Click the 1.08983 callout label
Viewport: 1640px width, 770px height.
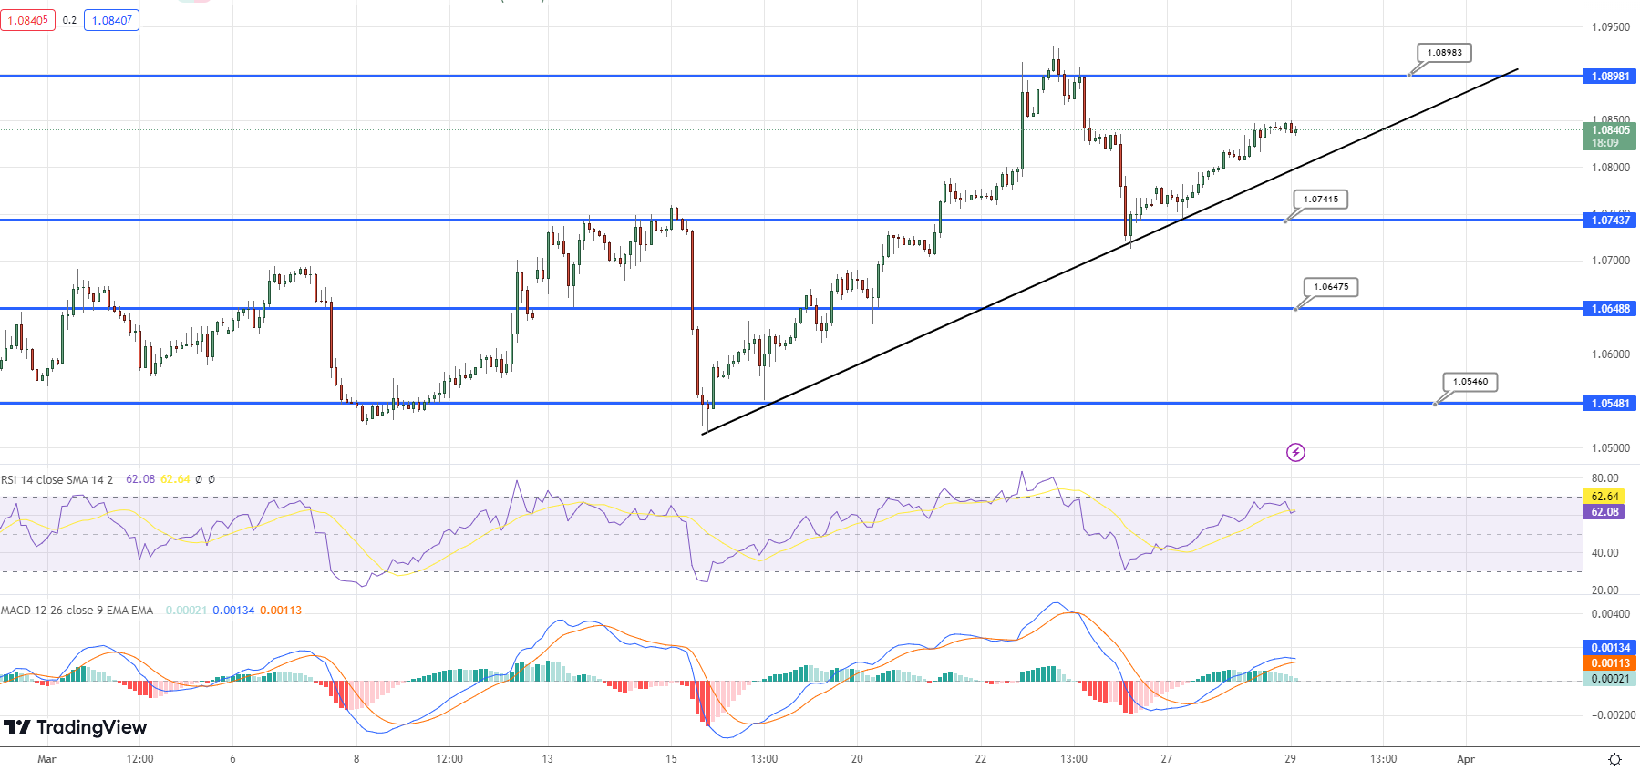click(1444, 53)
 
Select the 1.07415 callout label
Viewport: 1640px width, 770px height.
click(1321, 200)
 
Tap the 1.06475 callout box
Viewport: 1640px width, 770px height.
click(1331, 287)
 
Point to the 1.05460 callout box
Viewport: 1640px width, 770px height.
click(1470, 382)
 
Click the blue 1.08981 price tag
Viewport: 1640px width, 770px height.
click(1610, 77)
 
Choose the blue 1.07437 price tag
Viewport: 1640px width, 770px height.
click(1610, 220)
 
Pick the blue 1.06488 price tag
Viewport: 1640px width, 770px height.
click(1610, 309)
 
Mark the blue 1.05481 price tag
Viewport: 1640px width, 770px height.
click(1610, 403)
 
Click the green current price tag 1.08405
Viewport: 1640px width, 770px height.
click(1610, 136)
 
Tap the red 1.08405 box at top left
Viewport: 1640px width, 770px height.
click(28, 20)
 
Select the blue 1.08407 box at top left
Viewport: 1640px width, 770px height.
click(111, 20)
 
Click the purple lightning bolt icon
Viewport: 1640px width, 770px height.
click(1295, 452)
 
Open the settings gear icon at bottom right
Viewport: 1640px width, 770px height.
click(1614, 759)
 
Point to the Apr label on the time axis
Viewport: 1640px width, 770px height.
click(1466, 759)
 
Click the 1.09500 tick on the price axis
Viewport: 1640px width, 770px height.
click(1610, 27)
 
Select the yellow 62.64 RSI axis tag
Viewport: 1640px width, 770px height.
click(1604, 497)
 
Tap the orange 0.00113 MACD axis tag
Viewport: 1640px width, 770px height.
click(1610, 663)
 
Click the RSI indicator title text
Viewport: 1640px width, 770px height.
click(57, 479)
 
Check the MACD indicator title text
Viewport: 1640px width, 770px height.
click(77, 611)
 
